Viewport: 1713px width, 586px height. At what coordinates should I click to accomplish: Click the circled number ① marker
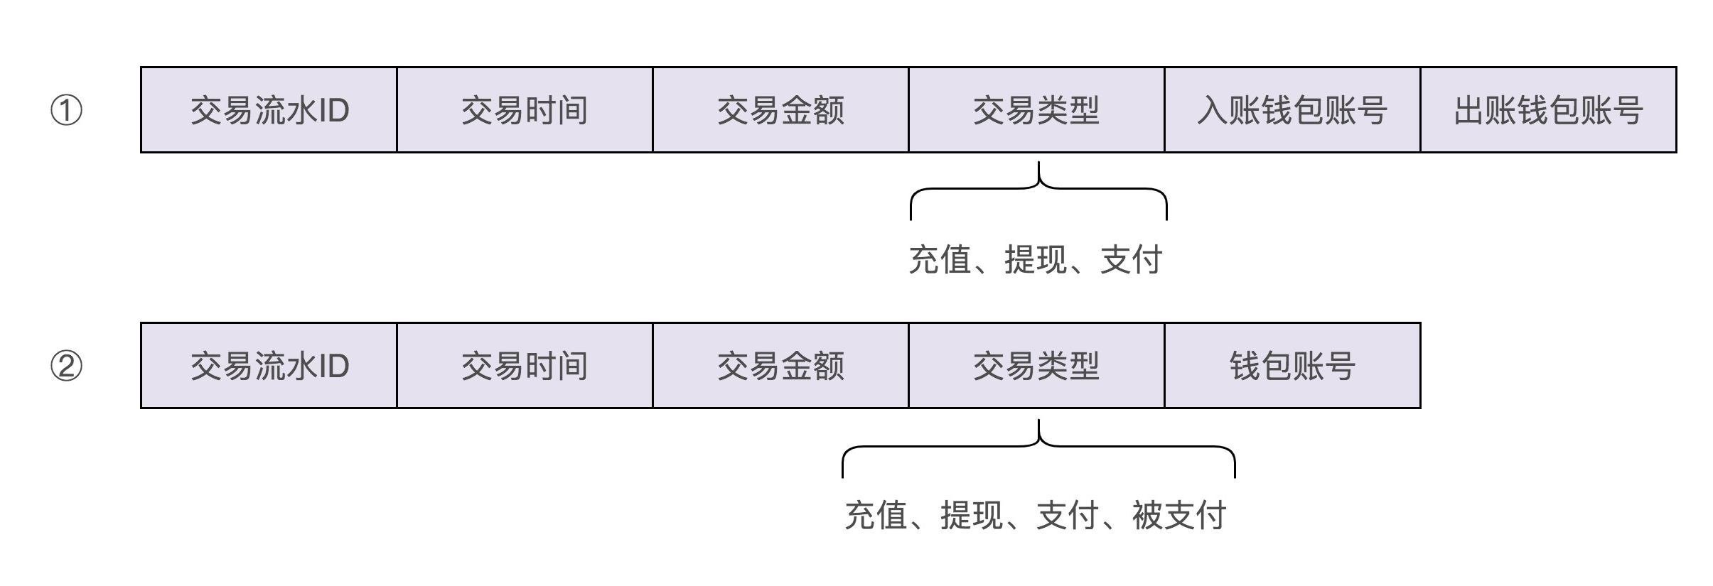point(66,111)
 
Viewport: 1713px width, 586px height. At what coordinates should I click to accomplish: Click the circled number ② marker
point(66,367)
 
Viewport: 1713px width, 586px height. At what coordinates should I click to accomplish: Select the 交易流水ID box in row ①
point(269,110)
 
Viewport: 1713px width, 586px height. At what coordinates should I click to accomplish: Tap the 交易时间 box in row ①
point(525,110)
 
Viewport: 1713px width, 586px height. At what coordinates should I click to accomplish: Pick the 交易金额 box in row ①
point(780,110)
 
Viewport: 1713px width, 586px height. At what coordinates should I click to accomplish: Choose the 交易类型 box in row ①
point(1036,110)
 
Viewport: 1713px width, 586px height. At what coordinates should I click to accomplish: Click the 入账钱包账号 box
point(1292,110)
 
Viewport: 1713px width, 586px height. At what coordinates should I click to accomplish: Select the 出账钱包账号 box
point(1548,110)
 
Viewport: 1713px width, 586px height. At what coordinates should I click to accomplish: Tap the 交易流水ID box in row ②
point(269,366)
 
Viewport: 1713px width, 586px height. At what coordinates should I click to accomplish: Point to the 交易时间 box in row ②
point(525,366)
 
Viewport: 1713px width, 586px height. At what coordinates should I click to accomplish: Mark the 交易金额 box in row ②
point(780,366)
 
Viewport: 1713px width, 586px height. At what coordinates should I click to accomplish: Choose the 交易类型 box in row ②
point(1036,366)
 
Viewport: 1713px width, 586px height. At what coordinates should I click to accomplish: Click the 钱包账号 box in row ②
point(1292,366)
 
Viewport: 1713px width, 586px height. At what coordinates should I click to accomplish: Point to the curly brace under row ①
point(1038,189)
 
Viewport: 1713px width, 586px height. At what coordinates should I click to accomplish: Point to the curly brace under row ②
point(1038,447)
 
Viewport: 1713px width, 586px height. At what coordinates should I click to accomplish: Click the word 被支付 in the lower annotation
point(1179,516)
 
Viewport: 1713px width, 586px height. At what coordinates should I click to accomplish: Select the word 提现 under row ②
point(972,516)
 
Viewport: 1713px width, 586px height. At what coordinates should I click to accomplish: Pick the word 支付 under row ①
point(1131,260)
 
